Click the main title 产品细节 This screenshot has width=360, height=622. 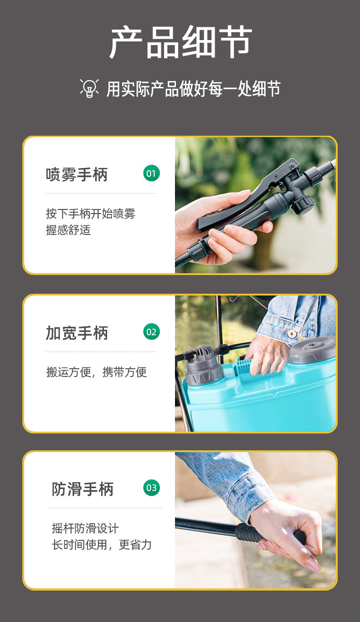coord(180,43)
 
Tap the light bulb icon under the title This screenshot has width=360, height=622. coord(89,88)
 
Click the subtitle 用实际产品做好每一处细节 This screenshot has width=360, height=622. coord(193,89)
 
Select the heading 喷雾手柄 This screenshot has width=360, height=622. coord(77,174)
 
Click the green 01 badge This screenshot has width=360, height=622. coord(151,173)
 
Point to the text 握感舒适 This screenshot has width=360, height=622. coord(68,230)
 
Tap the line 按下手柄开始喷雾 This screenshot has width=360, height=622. coord(91,214)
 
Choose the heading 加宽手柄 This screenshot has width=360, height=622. coord(77,333)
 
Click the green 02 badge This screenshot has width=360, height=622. coord(151,331)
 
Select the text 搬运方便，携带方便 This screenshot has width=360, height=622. coord(96,372)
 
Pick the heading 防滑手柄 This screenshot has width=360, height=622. coord(82,489)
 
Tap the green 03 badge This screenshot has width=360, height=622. coord(151,488)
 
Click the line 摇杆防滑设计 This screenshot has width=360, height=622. coord(85,528)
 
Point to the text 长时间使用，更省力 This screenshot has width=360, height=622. coord(102,545)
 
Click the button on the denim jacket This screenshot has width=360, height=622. coord(292,333)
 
